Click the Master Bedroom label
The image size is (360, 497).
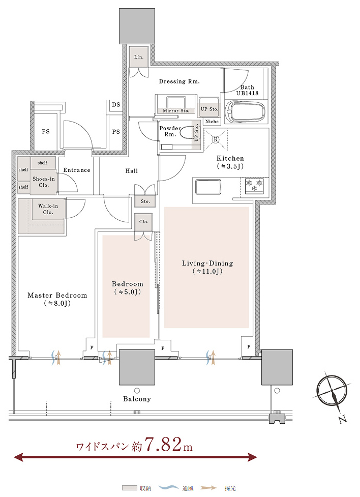(x=57, y=299)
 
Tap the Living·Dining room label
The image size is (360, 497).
(x=207, y=267)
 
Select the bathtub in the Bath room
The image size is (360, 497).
(x=246, y=112)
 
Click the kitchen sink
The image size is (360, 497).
(x=208, y=187)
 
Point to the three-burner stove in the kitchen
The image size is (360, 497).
(x=255, y=186)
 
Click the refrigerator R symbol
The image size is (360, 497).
(x=216, y=139)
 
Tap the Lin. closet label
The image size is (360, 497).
(x=139, y=57)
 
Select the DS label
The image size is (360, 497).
(x=116, y=105)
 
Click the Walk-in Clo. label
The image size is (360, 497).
(x=48, y=209)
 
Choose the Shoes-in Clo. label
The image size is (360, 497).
(x=44, y=182)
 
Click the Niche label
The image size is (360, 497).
(x=212, y=122)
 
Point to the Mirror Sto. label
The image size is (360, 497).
(x=176, y=110)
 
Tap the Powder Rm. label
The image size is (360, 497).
(x=170, y=131)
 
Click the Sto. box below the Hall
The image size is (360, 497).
(x=145, y=201)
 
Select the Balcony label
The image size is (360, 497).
(x=137, y=399)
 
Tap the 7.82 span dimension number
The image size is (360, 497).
(x=164, y=444)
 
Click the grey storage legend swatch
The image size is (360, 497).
(x=130, y=488)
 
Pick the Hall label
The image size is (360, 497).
(x=132, y=171)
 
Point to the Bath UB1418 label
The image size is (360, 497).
(x=247, y=90)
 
